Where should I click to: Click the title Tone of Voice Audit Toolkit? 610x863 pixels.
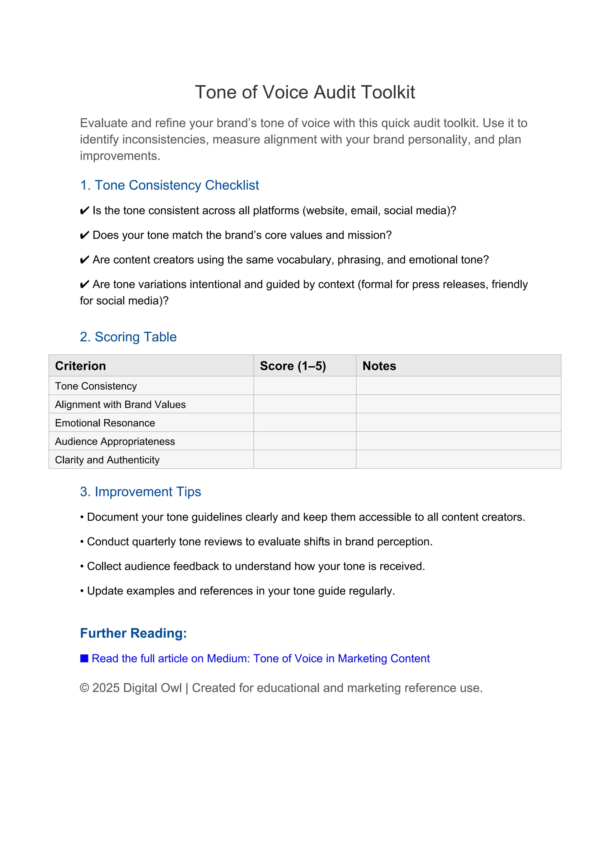(305, 92)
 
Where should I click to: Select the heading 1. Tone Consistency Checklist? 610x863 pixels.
(169, 185)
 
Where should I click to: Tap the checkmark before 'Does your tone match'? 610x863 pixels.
(85, 235)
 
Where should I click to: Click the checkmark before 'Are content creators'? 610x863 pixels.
(85, 260)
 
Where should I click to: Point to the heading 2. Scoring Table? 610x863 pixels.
(128, 337)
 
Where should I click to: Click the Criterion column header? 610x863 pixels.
(80, 366)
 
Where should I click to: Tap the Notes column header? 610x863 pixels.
(379, 366)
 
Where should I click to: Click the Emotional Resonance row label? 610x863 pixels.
(105, 423)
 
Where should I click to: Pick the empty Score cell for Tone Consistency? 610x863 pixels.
(305, 386)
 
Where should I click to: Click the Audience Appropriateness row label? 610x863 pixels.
(115, 441)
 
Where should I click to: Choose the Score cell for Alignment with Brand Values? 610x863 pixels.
(305, 404)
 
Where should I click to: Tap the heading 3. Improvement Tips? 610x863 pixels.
(141, 492)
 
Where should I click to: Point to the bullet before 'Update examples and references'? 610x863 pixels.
(82, 591)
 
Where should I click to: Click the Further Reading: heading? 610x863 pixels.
(133, 633)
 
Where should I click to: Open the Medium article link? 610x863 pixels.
(261, 659)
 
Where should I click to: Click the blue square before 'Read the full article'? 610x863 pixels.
(84, 658)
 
